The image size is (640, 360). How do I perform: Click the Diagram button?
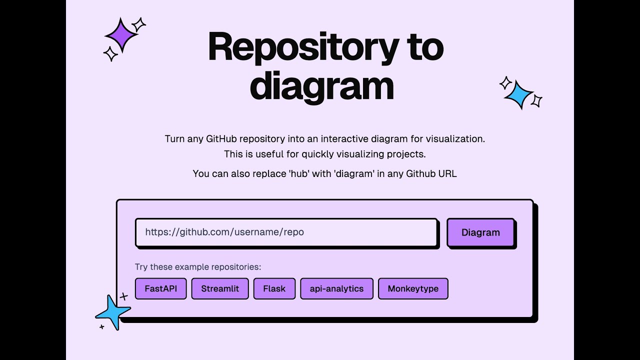click(x=480, y=232)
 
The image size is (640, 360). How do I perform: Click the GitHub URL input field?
click(x=286, y=232)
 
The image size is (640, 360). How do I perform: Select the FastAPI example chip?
click(x=160, y=288)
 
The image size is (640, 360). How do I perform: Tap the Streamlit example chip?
click(x=220, y=288)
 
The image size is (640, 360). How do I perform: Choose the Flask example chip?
click(x=274, y=288)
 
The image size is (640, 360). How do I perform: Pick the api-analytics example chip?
click(x=336, y=288)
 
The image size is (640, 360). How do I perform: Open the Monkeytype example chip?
click(x=413, y=288)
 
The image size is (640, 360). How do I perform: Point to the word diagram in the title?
click(x=321, y=86)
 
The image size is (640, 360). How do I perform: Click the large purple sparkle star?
click(x=120, y=35)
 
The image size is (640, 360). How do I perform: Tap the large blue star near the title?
click(x=518, y=94)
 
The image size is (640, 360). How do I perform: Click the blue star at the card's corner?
click(x=113, y=312)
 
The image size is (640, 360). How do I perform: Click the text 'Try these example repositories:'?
click(x=198, y=267)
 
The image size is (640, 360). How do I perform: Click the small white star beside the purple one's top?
click(x=138, y=24)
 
